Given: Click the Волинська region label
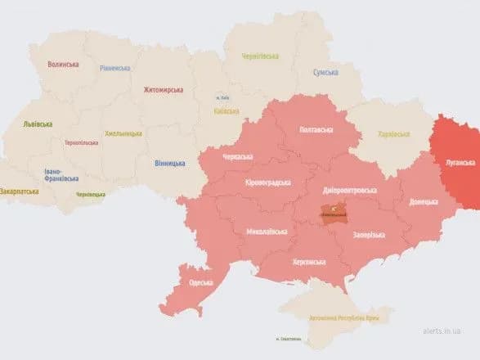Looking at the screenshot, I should (x=63, y=64).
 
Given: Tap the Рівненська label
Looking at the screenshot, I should (x=114, y=68).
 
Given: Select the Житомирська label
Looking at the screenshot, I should (x=163, y=89).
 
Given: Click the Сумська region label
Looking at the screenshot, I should (x=325, y=73).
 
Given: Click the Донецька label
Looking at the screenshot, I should (x=423, y=200).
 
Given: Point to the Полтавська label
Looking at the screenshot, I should (x=316, y=129).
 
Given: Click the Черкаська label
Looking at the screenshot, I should (x=237, y=156).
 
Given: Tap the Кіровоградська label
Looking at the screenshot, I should (x=267, y=183).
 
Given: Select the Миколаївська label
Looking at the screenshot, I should (x=267, y=232).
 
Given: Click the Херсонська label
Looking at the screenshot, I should (x=308, y=262).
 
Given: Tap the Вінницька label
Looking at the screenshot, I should (x=169, y=163).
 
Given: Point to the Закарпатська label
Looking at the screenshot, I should (x=19, y=191).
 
